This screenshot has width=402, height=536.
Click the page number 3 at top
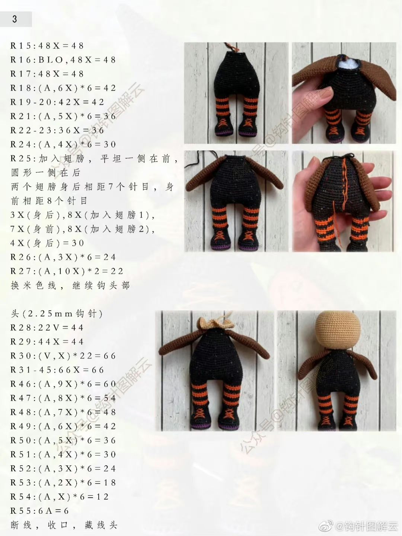(x=15, y=19)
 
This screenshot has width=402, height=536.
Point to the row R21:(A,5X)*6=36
(x=63, y=116)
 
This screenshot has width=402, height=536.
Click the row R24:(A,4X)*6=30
(x=63, y=145)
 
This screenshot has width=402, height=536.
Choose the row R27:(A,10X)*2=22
(x=67, y=271)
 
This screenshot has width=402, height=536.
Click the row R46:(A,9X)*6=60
(x=63, y=384)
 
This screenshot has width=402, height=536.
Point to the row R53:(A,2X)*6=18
(x=63, y=483)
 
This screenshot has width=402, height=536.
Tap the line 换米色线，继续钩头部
(x=70, y=286)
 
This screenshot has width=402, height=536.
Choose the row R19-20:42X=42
(x=57, y=102)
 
